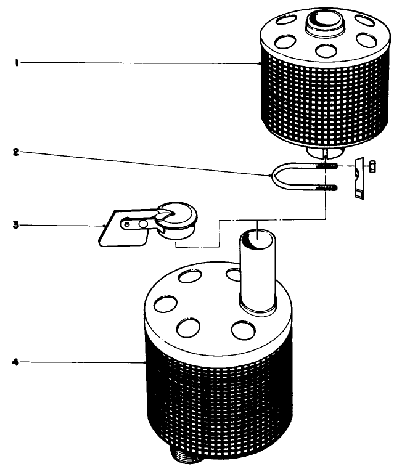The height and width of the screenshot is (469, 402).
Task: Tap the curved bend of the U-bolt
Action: click(273, 177)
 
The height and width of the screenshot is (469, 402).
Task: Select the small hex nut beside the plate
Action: click(372, 166)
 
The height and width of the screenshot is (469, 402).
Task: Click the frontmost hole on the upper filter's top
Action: click(322, 49)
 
